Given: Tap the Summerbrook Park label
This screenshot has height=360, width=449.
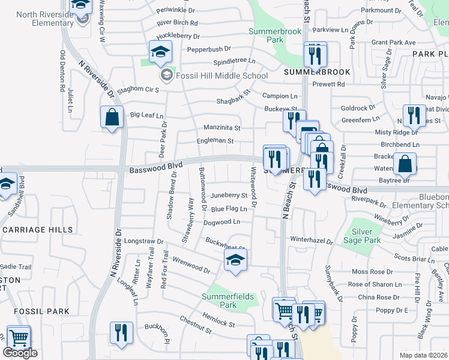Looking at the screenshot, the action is pyautogui.click(x=266, y=35).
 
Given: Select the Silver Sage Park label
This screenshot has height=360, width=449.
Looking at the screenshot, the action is pyautogui.click(x=362, y=236).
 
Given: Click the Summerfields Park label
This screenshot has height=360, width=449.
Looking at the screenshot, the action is pyautogui.click(x=228, y=301).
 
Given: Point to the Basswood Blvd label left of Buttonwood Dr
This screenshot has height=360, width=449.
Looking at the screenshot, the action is pyautogui.click(x=155, y=170).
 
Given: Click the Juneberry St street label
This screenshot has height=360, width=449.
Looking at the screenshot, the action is pyautogui.click(x=229, y=196).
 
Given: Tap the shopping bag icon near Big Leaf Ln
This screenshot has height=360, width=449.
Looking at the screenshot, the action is pyautogui.click(x=112, y=117).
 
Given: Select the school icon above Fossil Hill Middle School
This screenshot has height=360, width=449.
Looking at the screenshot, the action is pyautogui.click(x=160, y=53).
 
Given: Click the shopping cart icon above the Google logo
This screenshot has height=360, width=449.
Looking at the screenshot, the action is pyautogui.click(x=19, y=338).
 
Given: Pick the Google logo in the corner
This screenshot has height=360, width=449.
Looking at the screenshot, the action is pyautogui.click(x=20, y=353).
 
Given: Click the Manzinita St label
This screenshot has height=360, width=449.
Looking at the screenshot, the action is pyautogui.click(x=222, y=128).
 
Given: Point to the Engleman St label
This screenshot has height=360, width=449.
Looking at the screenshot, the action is pyautogui.click(x=215, y=141).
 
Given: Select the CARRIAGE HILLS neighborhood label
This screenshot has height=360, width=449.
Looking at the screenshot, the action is pyautogui.click(x=38, y=230).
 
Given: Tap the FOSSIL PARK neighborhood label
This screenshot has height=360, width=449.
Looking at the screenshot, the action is pyautogui.click(x=38, y=311).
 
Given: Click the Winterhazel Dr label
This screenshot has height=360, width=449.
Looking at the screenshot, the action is pyautogui.click(x=312, y=241).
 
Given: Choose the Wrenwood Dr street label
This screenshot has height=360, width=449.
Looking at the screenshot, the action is pyautogui.click(x=191, y=265).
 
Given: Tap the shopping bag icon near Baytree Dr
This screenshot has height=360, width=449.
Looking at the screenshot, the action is pyautogui.click(x=406, y=163).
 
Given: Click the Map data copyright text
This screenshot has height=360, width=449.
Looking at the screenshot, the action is pyautogui.click(x=424, y=355).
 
